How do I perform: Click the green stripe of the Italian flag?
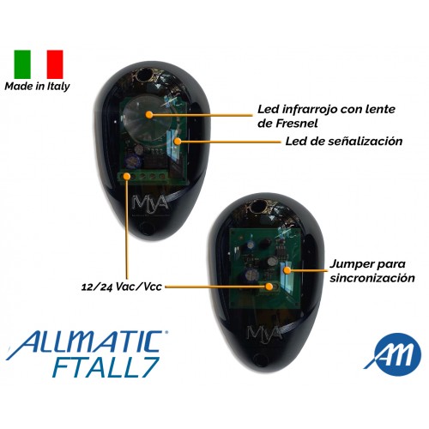click(x=22, y=64)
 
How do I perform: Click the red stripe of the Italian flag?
click(x=55, y=64)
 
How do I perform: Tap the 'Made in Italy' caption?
click(x=37, y=87)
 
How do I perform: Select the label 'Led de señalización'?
click(x=344, y=142)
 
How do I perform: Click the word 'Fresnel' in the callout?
click(x=297, y=124)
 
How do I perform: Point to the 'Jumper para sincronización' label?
click(x=372, y=271)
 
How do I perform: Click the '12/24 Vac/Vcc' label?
click(x=122, y=287)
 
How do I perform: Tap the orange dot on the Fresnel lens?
click(x=148, y=115)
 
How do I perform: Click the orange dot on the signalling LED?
click(x=178, y=141)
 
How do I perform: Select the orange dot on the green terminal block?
click(x=126, y=176)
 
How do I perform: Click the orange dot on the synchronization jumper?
click(x=287, y=270)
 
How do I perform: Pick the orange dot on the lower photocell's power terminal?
click(x=269, y=287)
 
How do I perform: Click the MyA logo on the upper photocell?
click(x=150, y=202)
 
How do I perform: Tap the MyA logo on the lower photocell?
click(x=263, y=333)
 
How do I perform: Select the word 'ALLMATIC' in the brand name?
click(x=88, y=341)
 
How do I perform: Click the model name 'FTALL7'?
click(x=106, y=367)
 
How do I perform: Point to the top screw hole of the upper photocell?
click(x=142, y=76)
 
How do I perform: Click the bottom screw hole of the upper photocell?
click(x=147, y=229)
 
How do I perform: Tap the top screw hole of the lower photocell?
click(x=260, y=206)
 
